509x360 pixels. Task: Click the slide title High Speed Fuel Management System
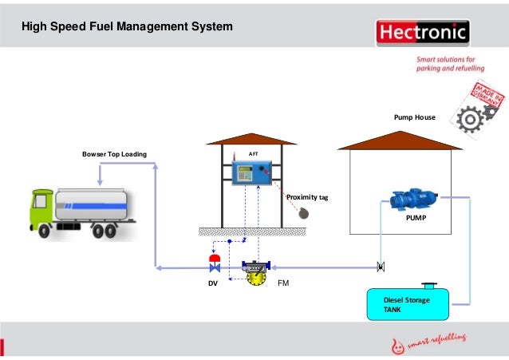127,27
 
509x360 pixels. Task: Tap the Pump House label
414,117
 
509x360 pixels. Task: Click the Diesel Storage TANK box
407,304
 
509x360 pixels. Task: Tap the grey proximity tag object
304,213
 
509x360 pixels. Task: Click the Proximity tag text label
307,196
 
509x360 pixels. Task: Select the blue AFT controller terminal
252,174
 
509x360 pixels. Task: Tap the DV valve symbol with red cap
215,264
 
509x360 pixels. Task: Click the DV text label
212,283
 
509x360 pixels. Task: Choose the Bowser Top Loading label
115,153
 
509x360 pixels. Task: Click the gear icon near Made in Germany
469,120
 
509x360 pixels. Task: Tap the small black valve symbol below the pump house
381,266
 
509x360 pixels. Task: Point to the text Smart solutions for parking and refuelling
447,64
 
